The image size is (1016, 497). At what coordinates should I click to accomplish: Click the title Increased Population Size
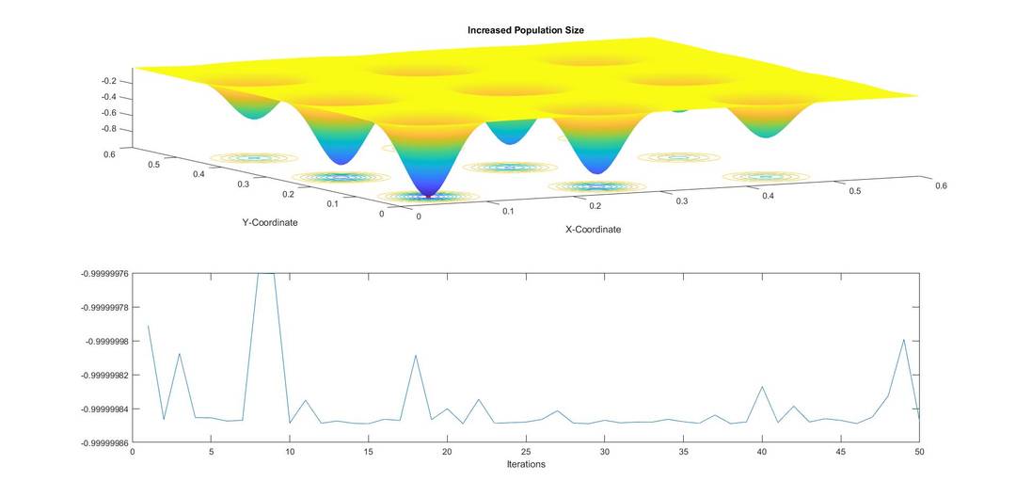[526, 31]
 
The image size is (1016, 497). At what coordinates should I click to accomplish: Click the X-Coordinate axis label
[593, 229]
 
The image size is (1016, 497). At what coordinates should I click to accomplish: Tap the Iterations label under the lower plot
[526, 464]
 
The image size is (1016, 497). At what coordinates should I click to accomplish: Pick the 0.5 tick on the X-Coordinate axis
[855, 191]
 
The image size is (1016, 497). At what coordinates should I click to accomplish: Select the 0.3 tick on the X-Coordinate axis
[681, 201]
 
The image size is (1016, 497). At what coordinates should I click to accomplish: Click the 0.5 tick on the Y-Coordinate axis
[155, 165]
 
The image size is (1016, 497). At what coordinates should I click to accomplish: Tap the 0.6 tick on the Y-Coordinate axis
[110, 154]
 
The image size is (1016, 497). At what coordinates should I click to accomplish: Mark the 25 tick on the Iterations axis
[526, 452]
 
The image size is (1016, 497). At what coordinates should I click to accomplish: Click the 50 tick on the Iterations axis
[919, 452]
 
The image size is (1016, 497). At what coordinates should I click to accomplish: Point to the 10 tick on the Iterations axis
[290, 452]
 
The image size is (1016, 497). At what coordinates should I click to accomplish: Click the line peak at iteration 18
[416, 356]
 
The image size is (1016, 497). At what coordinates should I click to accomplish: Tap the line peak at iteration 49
[903, 340]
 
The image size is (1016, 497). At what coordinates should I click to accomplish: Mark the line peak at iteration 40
[762, 387]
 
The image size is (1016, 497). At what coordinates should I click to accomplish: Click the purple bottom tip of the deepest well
[428, 195]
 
